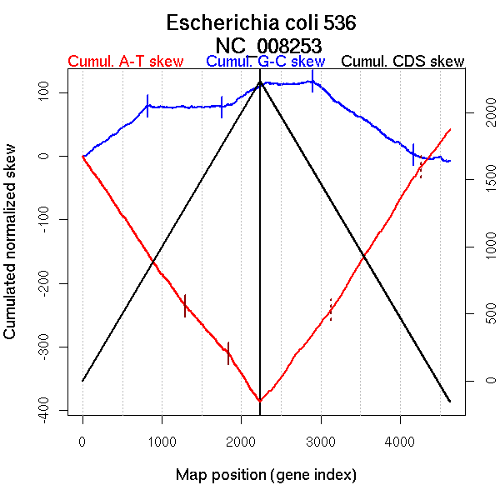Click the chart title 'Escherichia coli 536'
click(x=262, y=22)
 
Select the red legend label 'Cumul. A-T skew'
click(x=126, y=62)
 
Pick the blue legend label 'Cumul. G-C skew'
click(x=265, y=62)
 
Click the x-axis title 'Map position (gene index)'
click(x=266, y=476)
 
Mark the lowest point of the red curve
click(x=260, y=401)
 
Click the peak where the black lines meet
click(x=260, y=82)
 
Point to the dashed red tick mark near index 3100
click(x=331, y=309)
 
